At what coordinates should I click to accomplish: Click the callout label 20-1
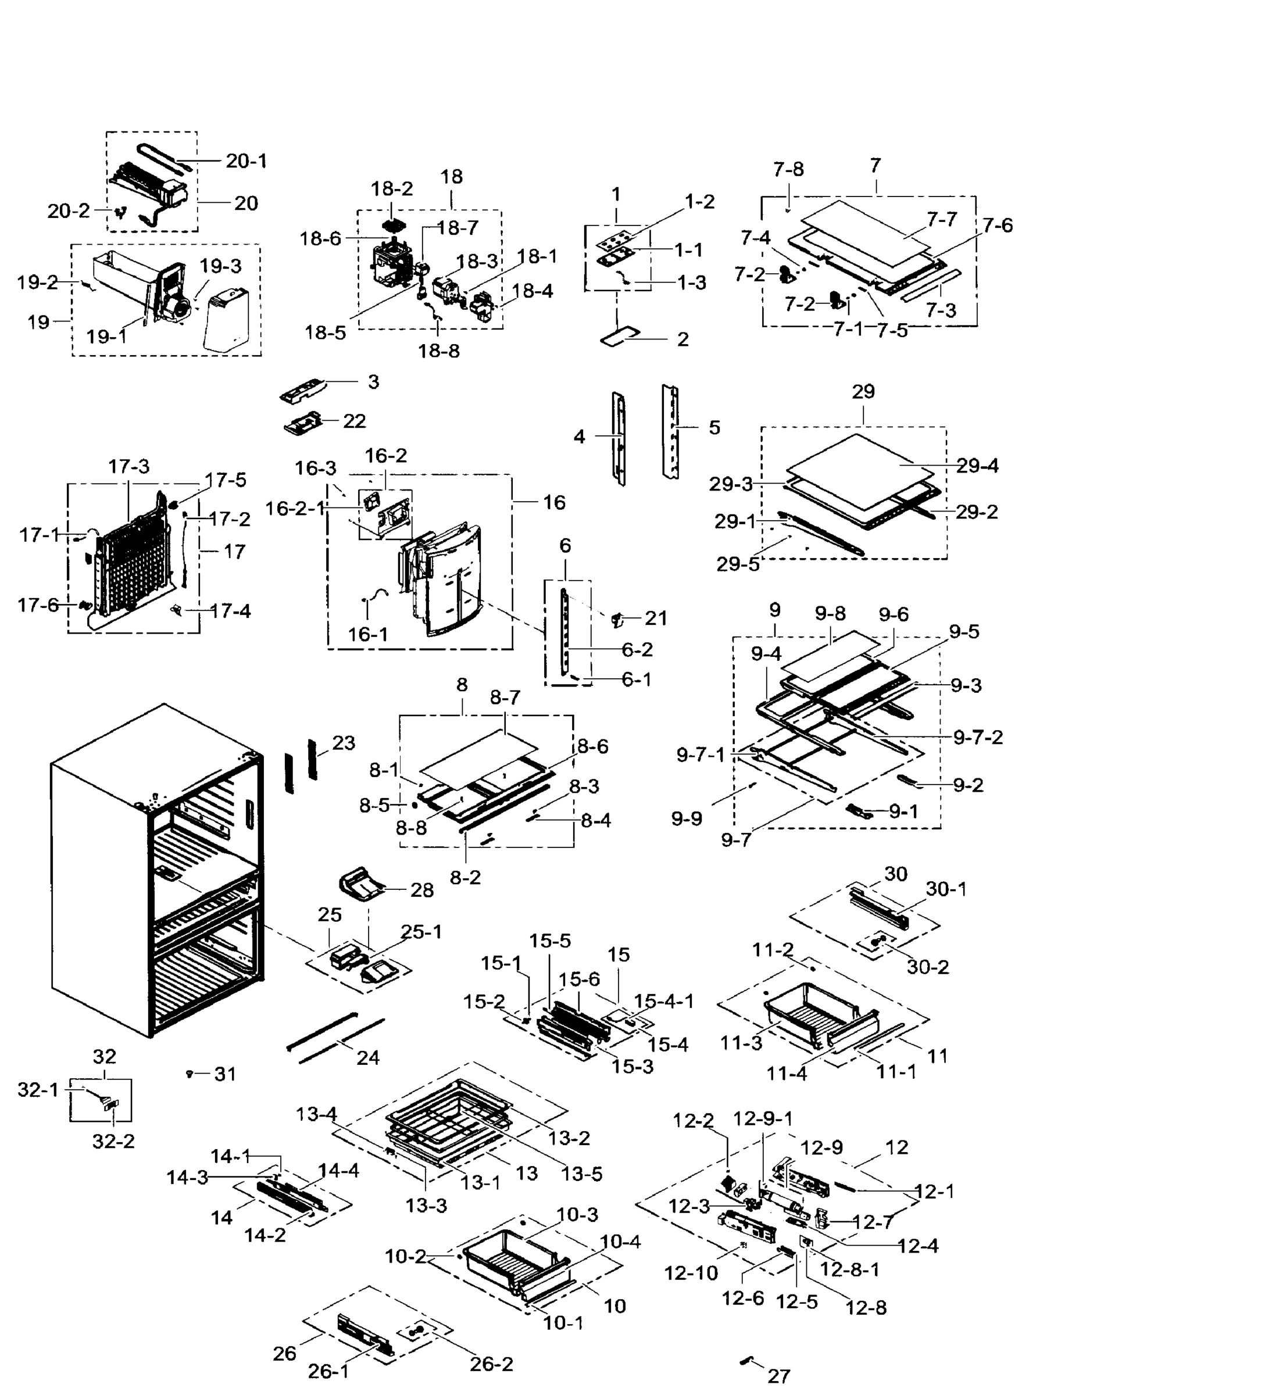[x=246, y=160]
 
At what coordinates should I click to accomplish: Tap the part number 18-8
[x=439, y=351]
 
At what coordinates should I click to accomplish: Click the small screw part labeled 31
[x=189, y=1072]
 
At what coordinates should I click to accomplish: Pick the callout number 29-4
[x=977, y=466]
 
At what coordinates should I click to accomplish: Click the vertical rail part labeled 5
[x=670, y=432]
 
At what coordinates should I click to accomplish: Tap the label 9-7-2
[x=977, y=738]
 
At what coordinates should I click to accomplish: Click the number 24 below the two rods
[x=368, y=1057]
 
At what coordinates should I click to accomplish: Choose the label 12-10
[x=691, y=1272]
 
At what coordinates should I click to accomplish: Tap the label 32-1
[x=38, y=1090]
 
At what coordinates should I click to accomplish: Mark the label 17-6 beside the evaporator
[x=38, y=606]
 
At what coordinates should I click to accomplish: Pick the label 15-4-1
[x=664, y=1000]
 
